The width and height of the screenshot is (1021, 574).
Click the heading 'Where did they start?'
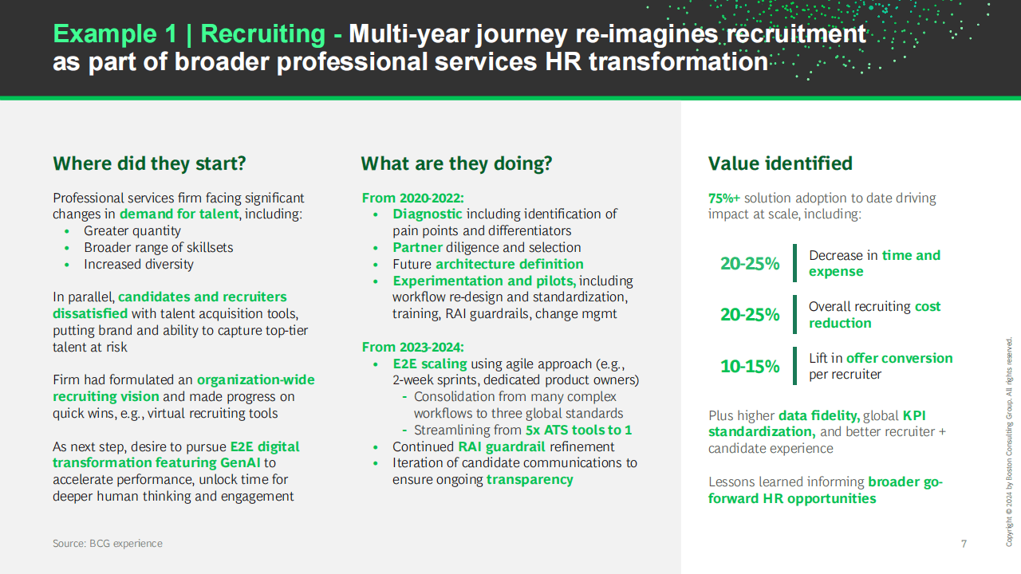[x=149, y=163]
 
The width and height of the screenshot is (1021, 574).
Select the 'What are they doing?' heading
[x=456, y=163]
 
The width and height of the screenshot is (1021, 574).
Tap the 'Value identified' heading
[x=780, y=163]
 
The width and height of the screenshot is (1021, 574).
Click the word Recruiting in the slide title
[x=263, y=34]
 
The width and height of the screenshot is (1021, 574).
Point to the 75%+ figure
[x=723, y=199]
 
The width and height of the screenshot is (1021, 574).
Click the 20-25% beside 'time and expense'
[x=750, y=263]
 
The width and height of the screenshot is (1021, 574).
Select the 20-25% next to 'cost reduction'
[x=750, y=314]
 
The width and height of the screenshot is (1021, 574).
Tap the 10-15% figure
[x=750, y=366]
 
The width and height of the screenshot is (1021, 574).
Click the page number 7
[x=964, y=544]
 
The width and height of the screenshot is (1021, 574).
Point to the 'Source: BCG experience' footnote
[x=108, y=544]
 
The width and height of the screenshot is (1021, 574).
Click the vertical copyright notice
[x=1009, y=442]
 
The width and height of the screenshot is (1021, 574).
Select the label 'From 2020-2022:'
[x=413, y=199]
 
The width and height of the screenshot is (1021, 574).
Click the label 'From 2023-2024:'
[x=413, y=347]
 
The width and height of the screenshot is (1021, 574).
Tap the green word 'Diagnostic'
[x=428, y=214]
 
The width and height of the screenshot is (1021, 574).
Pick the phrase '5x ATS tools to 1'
[x=579, y=430]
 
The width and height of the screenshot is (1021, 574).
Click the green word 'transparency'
[x=530, y=480]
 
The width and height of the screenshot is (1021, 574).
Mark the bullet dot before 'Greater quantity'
[x=67, y=231]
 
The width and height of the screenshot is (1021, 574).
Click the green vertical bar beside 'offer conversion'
[x=795, y=366]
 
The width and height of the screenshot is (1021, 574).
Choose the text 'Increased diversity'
[x=139, y=264]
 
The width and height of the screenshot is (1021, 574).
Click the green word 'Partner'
[x=417, y=247]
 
